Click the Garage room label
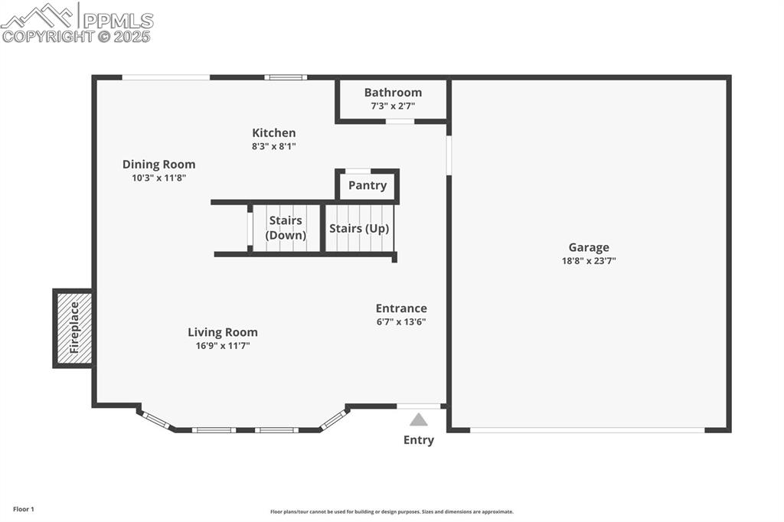[x=588, y=247]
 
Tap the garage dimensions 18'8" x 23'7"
[x=588, y=261]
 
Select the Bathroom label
[x=393, y=93]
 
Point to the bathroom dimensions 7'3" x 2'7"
[x=393, y=106]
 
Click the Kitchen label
[x=273, y=133]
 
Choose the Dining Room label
[x=158, y=165]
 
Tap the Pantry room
[x=367, y=186]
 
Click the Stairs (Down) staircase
[x=286, y=228]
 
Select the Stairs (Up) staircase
[x=359, y=228]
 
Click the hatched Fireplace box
[x=73, y=328]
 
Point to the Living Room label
[x=223, y=332]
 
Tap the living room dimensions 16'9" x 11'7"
[x=223, y=346]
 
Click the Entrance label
[x=401, y=308]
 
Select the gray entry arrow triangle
[x=418, y=419]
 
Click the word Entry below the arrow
[x=418, y=440]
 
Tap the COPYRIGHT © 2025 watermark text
[x=77, y=36]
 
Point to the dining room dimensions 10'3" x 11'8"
[x=158, y=178]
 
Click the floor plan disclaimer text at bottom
[x=391, y=512]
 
